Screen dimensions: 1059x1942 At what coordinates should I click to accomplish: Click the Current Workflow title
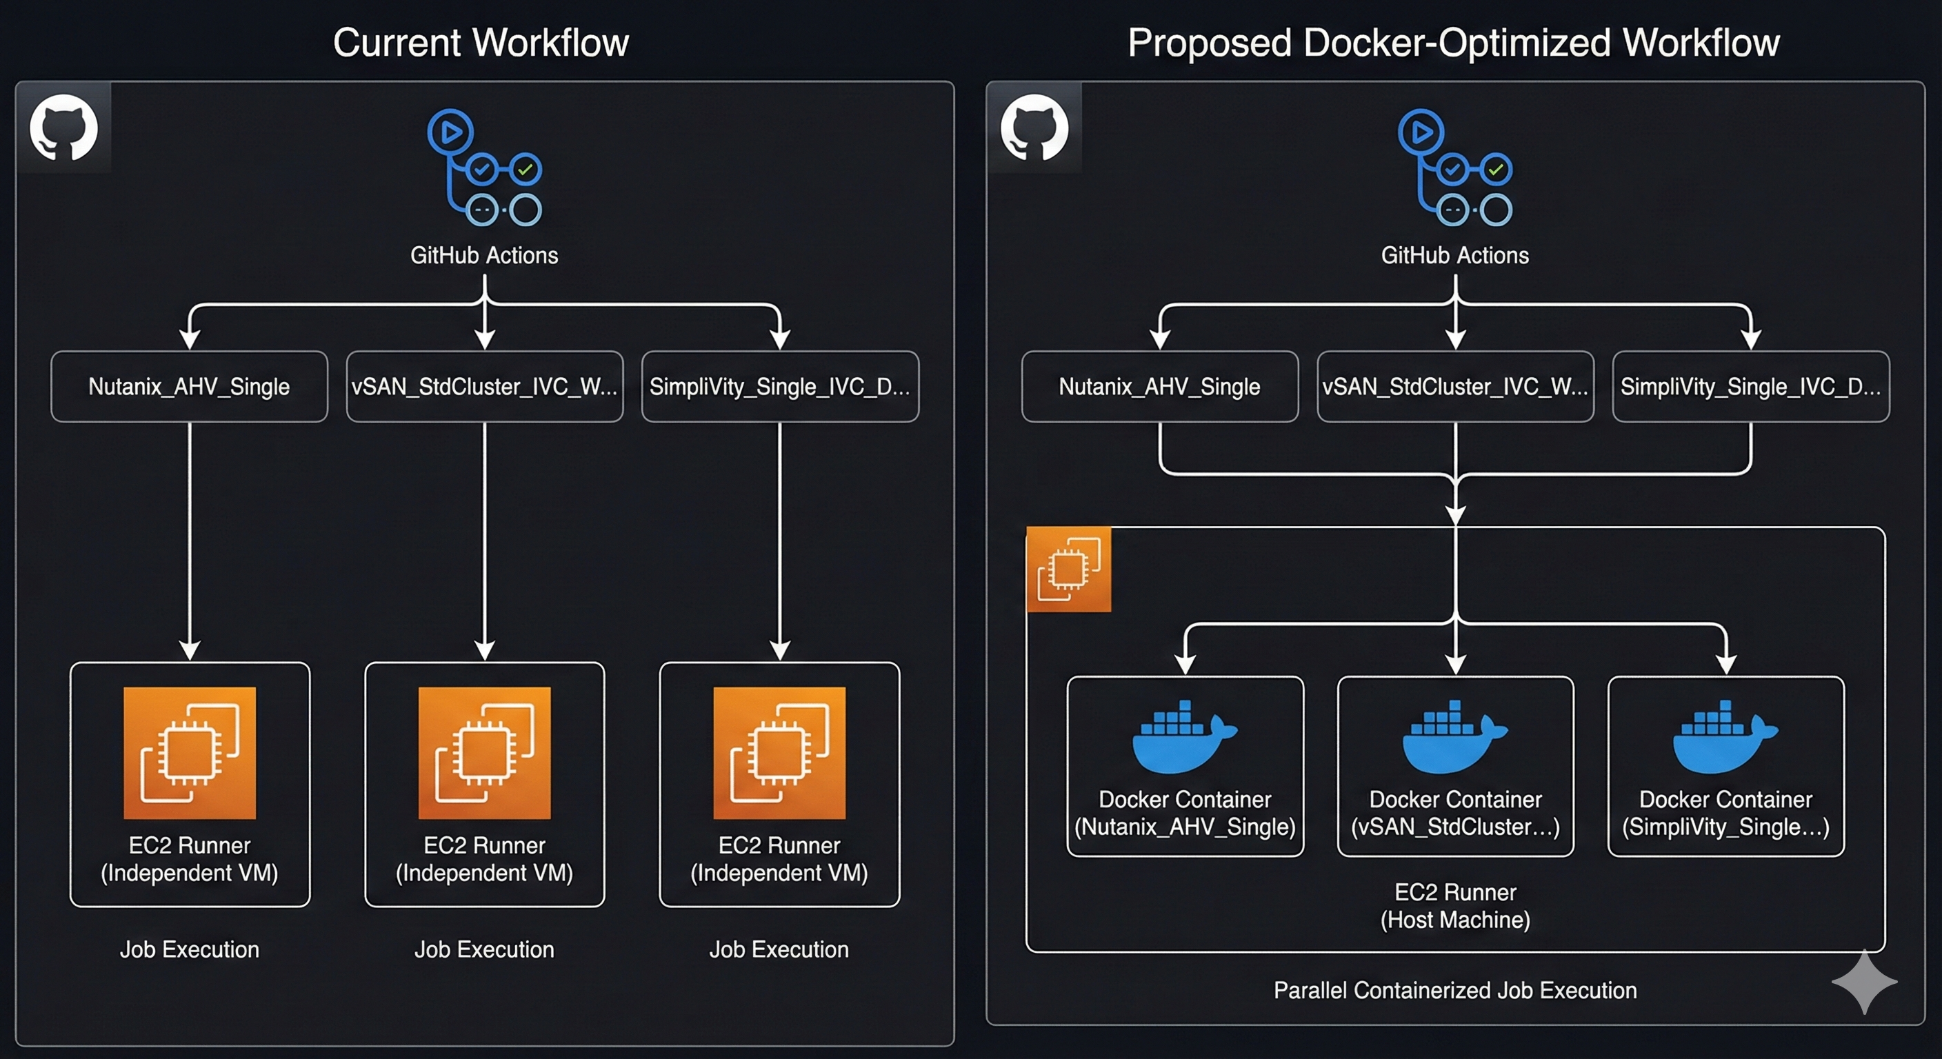pyautogui.click(x=481, y=42)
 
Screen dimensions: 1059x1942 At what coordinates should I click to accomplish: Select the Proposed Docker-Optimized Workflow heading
pyautogui.click(x=1453, y=42)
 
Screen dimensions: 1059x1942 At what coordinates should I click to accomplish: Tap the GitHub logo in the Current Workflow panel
pyautogui.click(x=63, y=128)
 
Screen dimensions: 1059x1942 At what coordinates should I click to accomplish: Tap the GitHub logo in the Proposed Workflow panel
pyautogui.click(x=1034, y=128)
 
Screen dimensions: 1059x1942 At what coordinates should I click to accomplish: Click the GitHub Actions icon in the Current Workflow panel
pyautogui.click(x=485, y=168)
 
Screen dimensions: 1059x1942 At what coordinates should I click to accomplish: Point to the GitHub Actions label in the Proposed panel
pyautogui.click(x=1455, y=256)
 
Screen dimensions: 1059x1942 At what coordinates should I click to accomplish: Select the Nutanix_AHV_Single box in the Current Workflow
pyautogui.click(x=189, y=387)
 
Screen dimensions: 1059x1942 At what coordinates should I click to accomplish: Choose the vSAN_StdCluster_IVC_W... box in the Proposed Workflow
pyautogui.click(x=1455, y=387)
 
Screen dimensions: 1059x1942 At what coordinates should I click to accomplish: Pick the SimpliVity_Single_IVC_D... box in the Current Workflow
pyautogui.click(x=779, y=387)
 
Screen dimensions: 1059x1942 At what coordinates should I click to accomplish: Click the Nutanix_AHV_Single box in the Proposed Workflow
pyautogui.click(x=1159, y=387)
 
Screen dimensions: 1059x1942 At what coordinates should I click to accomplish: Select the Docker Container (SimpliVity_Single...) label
pyautogui.click(x=1725, y=813)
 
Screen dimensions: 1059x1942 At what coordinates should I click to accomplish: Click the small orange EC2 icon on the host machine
pyautogui.click(x=1068, y=569)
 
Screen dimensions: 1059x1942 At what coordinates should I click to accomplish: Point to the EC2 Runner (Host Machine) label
pyautogui.click(x=1455, y=906)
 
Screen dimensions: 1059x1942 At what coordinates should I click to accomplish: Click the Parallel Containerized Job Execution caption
pyautogui.click(x=1455, y=991)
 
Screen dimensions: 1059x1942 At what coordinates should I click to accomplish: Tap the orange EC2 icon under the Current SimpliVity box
pyautogui.click(x=779, y=753)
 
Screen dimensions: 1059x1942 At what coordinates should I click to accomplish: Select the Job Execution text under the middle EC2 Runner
pyautogui.click(x=484, y=949)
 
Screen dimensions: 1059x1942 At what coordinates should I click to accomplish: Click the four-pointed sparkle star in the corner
pyautogui.click(x=1864, y=981)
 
